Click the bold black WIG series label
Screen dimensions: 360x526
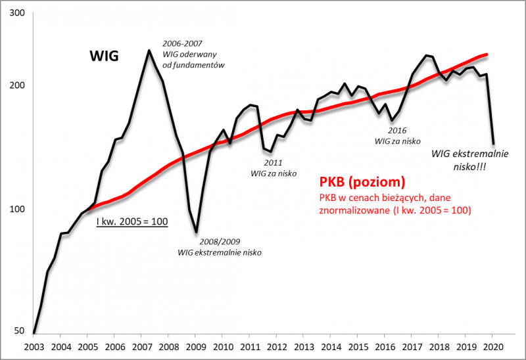104,56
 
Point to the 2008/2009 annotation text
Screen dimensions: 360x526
220,240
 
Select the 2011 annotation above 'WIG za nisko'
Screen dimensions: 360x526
273,162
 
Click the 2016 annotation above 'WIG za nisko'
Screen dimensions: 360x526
398,130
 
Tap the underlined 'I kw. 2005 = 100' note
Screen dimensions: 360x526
132,221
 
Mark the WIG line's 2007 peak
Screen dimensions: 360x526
149,50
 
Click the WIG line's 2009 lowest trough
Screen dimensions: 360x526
196,231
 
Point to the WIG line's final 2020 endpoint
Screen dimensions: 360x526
494,143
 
